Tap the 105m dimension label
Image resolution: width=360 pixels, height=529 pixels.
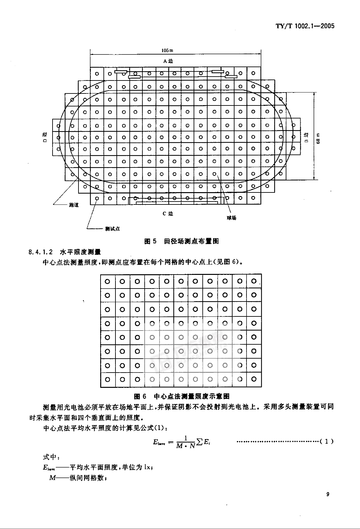tap(167, 50)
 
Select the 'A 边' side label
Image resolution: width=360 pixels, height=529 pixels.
tap(168, 61)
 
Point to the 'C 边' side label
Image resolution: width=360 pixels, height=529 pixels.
tap(168, 214)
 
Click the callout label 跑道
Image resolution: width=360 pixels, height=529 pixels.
tap(74, 205)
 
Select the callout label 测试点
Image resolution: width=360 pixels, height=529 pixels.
tap(113, 229)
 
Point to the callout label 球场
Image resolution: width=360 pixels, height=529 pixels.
tap(231, 218)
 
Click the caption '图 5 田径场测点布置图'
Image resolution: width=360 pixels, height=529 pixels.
tap(181, 241)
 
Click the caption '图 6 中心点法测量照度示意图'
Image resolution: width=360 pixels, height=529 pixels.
tap(182, 396)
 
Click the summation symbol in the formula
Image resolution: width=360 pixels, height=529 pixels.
tap(200, 442)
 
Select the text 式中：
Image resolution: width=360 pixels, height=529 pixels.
tap(51, 457)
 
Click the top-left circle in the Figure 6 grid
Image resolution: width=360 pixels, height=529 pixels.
tap(108, 281)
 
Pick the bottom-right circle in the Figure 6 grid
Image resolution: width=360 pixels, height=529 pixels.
tap(254, 379)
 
